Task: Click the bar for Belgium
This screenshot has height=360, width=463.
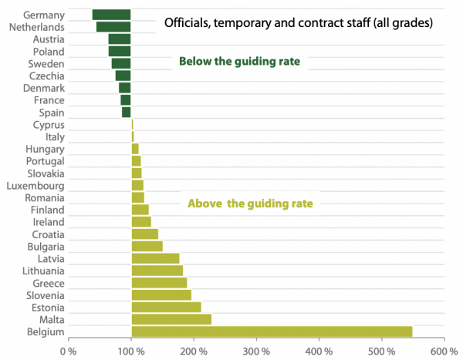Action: tap(272, 331)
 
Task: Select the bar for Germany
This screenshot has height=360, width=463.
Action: tap(111, 15)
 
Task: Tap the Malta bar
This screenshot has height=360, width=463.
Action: tap(171, 319)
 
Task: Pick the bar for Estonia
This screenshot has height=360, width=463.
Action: tap(166, 307)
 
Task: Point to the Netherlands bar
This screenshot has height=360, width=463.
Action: tap(113, 27)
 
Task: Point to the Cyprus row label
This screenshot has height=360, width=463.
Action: tap(49, 124)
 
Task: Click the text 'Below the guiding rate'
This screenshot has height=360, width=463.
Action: tap(239, 61)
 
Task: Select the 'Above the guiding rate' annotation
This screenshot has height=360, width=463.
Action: tap(251, 204)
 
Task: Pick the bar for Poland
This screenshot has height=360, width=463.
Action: tap(120, 51)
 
